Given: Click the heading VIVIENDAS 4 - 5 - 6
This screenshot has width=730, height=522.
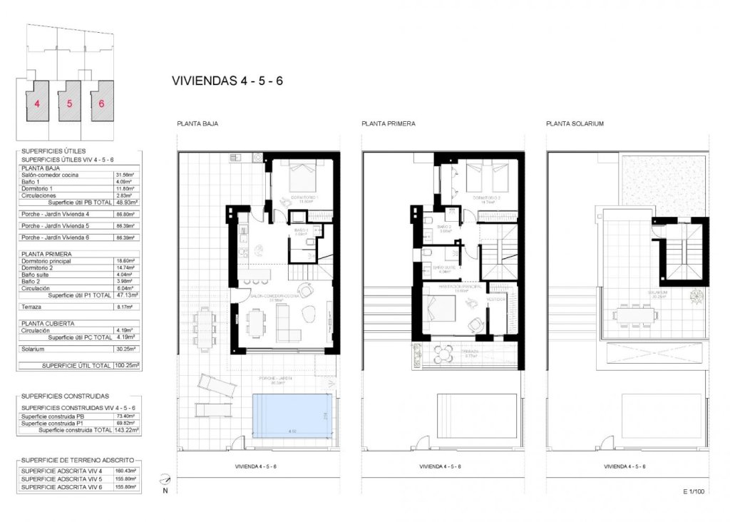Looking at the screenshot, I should [x=227, y=81].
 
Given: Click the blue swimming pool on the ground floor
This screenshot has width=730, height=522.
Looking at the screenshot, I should [x=292, y=414].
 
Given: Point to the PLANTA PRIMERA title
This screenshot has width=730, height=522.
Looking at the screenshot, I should [x=388, y=123].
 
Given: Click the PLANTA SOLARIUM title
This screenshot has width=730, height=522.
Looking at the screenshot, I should [x=575, y=123].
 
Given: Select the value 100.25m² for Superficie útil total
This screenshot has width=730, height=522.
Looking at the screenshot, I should [x=126, y=365].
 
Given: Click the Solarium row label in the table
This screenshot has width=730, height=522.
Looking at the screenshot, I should [x=34, y=349].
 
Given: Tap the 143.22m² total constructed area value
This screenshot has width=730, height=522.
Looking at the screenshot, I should [x=126, y=430].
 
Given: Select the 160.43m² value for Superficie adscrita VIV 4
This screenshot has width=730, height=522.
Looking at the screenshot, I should [x=126, y=471].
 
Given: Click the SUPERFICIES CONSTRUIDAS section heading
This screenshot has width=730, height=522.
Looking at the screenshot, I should [x=65, y=395].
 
